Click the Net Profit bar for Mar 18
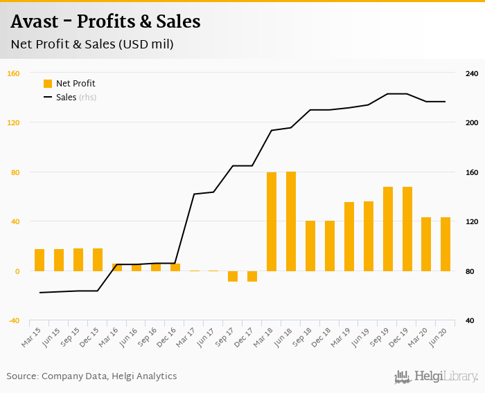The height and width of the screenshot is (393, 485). (x=272, y=221)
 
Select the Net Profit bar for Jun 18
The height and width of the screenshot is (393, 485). (x=291, y=221)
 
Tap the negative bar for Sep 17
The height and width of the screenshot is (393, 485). (x=233, y=276)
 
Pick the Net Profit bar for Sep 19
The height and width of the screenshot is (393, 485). (x=388, y=229)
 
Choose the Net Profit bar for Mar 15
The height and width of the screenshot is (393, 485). (x=39, y=260)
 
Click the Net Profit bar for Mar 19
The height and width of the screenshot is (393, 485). (x=349, y=237)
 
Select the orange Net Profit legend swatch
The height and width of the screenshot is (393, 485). (x=48, y=84)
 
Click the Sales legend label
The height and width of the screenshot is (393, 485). (x=66, y=98)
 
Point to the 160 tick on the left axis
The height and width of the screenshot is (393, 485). (x=13, y=73)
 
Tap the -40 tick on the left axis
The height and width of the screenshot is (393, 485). (x=13, y=320)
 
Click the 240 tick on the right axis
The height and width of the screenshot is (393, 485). (x=472, y=73)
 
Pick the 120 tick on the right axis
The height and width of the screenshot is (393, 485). (x=472, y=221)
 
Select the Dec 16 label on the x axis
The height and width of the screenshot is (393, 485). (x=166, y=337)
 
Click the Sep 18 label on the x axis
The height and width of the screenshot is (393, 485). (x=302, y=337)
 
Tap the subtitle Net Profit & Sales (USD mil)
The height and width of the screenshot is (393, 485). (x=91, y=45)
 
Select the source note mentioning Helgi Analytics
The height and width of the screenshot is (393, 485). (x=91, y=376)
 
